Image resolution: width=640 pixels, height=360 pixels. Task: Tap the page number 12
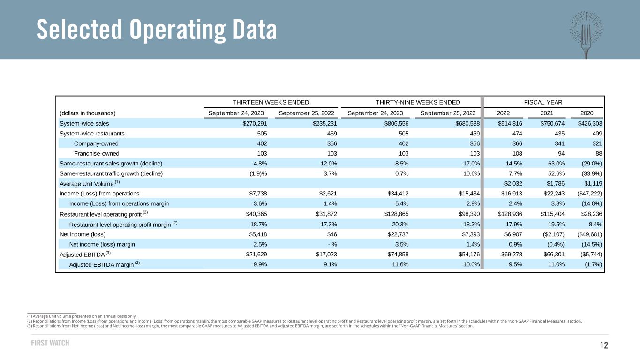coord(603,345)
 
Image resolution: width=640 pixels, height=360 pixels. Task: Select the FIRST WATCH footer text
coord(50,343)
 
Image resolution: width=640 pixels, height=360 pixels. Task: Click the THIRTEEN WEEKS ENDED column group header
coord(271,102)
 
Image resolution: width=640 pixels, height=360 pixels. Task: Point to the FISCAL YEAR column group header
coord(543,102)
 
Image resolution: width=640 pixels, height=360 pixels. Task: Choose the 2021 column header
coord(547,113)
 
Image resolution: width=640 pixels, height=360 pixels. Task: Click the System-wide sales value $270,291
coord(253,124)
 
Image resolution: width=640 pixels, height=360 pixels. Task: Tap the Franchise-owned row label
coord(97,153)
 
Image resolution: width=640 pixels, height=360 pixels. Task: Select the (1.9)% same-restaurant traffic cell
coord(257,173)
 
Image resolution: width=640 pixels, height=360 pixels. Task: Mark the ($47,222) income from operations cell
coord(588,193)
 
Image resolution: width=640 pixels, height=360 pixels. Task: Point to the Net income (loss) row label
coord(83,234)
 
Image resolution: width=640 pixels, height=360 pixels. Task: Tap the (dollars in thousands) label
coord(88,113)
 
